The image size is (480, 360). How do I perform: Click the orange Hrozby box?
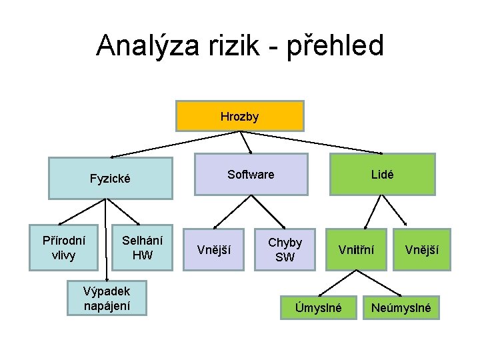point(239,117)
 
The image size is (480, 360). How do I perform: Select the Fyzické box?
point(110,179)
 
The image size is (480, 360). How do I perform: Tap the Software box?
point(251,175)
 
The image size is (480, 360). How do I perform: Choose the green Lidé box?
point(382,175)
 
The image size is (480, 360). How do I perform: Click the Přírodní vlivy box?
point(63,247)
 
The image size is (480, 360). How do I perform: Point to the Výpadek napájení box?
point(107,298)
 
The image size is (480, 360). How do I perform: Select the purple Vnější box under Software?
point(215,250)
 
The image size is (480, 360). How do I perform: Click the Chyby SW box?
point(285,250)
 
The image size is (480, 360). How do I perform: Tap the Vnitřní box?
point(356,250)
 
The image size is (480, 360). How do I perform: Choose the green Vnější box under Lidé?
point(421,250)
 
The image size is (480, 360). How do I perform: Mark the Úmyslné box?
point(319,308)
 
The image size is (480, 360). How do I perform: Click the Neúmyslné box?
point(401,308)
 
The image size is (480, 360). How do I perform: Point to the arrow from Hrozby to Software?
point(245,142)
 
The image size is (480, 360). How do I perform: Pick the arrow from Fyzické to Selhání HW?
point(123,212)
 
